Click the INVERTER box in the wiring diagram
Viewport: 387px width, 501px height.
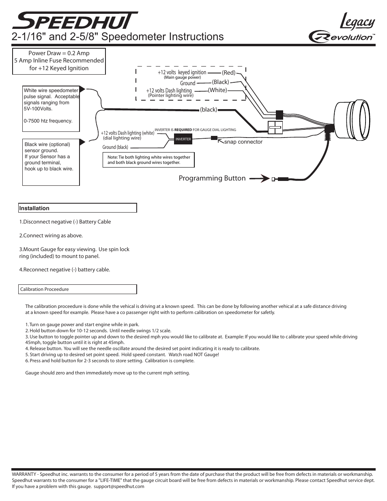point(183,139)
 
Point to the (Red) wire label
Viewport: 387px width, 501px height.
point(229,73)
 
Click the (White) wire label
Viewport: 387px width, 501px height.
point(217,90)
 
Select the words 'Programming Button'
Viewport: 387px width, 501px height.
point(212,178)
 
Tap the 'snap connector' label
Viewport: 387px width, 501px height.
point(243,142)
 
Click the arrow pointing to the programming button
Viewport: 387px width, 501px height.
point(260,178)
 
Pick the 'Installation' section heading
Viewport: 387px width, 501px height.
point(34,208)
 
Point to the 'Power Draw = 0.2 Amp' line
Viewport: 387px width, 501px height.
point(59,53)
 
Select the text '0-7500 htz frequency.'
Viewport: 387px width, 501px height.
point(48,121)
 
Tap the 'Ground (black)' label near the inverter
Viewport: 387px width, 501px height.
point(115,147)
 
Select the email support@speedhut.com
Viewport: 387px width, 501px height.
point(119,486)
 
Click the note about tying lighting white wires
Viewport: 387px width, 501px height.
point(149,159)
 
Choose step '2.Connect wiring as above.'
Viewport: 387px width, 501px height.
point(51,235)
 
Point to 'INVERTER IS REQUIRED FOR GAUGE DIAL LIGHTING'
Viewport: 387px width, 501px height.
point(195,130)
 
